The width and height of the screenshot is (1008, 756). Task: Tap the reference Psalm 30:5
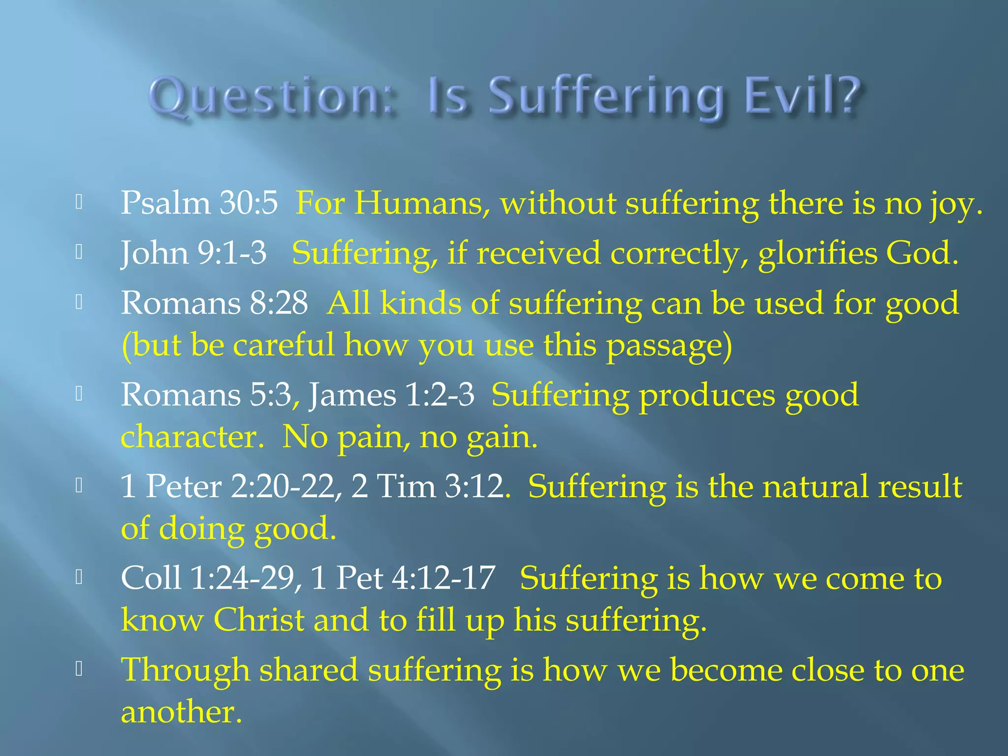click(199, 203)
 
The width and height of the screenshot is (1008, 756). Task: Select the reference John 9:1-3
click(193, 253)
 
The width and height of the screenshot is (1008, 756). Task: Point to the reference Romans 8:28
click(215, 303)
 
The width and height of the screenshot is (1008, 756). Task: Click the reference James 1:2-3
click(391, 395)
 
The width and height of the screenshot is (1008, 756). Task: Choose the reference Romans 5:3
click(206, 395)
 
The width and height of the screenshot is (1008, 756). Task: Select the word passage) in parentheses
click(669, 346)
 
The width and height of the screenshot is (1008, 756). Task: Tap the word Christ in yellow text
click(259, 620)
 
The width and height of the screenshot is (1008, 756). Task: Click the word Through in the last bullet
click(185, 670)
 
